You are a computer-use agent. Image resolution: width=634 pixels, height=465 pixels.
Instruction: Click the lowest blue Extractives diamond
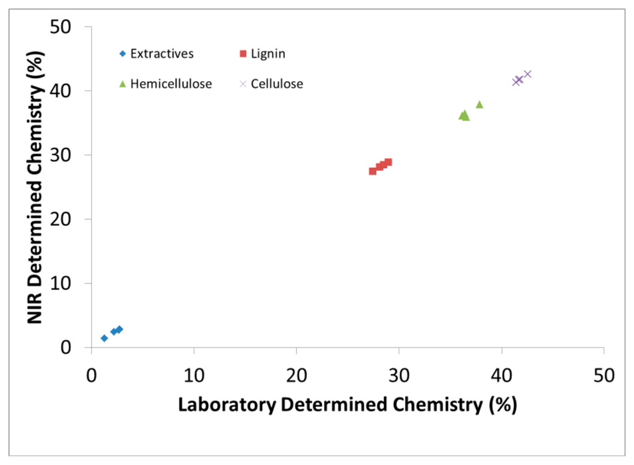click(104, 338)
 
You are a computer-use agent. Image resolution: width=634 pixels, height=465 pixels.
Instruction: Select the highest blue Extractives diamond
click(119, 329)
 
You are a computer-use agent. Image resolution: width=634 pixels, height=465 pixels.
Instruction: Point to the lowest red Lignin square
click(373, 171)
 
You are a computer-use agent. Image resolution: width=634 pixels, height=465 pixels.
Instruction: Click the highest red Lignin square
click(388, 162)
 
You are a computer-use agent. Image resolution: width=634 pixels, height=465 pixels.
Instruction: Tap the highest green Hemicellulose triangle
click(479, 104)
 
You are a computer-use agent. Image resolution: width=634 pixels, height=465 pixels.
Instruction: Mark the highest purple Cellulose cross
click(528, 74)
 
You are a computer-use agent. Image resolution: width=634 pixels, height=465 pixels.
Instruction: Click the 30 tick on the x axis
click(399, 375)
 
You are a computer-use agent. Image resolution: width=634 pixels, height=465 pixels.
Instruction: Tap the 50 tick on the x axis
click(603, 375)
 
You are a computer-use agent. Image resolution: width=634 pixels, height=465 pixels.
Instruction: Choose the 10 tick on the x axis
click(194, 375)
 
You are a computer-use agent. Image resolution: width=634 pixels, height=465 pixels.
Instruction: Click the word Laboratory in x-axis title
click(227, 406)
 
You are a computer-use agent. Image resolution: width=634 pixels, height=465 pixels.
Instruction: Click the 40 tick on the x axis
click(501, 375)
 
